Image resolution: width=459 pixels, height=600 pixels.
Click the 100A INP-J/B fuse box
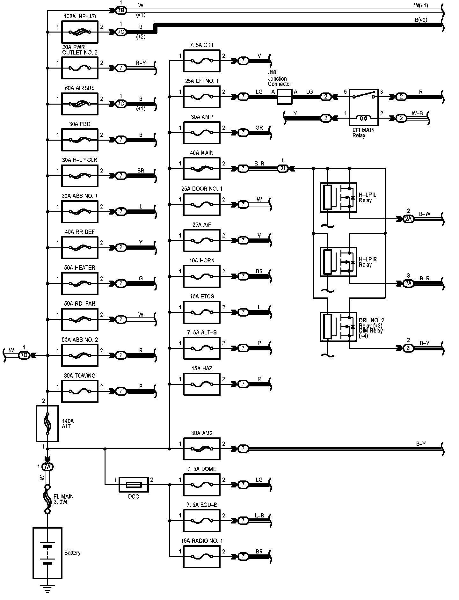click(x=79, y=32)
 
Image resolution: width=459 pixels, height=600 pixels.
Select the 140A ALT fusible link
click(x=47, y=423)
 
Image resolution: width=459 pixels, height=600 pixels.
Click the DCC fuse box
click(x=134, y=485)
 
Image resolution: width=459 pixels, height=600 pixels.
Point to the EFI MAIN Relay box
click(x=364, y=107)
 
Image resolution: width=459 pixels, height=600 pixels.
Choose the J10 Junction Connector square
click(x=284, y=97)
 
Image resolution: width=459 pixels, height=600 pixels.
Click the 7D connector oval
click(x=24, y=355)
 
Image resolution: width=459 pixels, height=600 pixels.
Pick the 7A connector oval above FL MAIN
click(x=47, y=467)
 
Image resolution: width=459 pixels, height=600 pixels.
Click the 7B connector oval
click(x=120, y=11)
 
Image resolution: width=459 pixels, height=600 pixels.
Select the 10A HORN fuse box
click(x=202, y=276)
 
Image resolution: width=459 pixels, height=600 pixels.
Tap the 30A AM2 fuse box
click(x=202, y=449)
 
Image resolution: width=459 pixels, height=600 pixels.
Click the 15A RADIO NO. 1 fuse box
click(x=202, y=557)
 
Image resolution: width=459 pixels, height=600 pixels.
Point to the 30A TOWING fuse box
click(x=79, y=391)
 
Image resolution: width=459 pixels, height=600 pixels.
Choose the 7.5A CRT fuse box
click(x=202, y=61)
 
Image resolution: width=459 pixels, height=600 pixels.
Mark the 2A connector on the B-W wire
click(x=408, y=219)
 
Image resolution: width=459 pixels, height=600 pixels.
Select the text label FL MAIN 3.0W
click(x=68, y=499)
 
